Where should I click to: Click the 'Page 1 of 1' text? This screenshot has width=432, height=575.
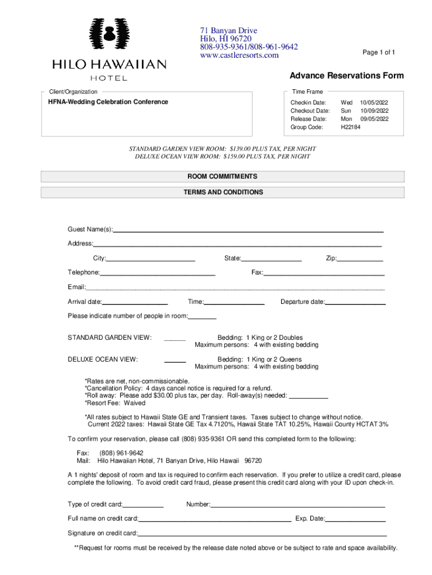(x=379, y=52)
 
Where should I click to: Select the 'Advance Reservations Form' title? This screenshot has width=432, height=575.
(x=346, y=76)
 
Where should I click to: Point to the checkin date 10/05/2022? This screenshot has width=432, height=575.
(x=374, y=103)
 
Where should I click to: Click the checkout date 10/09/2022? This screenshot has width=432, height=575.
(x=374, y=111)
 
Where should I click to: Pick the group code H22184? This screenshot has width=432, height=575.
(x=351, y=127)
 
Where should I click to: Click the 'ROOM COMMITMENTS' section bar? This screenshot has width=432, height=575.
(x=223, y=176)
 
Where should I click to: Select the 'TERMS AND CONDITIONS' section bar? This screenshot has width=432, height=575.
(x=223, y=192)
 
